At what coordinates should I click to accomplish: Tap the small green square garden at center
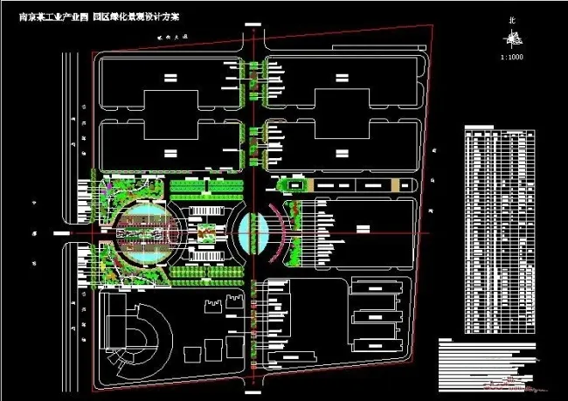click(x=205, y=233)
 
